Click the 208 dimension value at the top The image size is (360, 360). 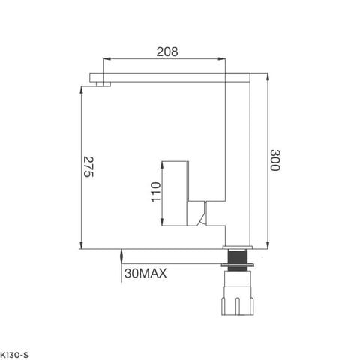coord(166,52)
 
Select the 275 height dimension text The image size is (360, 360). coord(88,168)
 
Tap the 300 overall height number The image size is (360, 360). coord(275,160)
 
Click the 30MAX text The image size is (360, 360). coord(145,274)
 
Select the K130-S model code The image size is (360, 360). coord(14,352)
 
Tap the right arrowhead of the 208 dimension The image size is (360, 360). coord(225,61)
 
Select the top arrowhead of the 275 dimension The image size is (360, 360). coord(80,89)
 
